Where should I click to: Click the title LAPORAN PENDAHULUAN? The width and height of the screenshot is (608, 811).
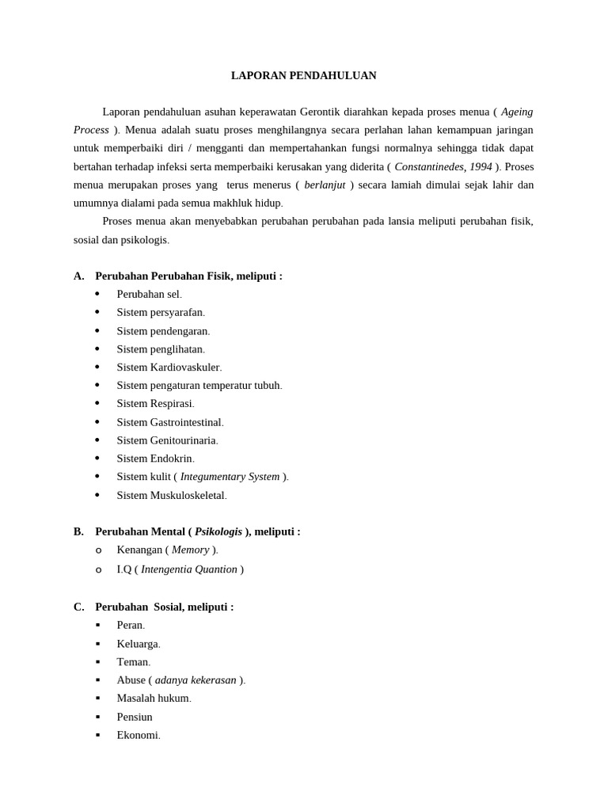[x=303, y=75]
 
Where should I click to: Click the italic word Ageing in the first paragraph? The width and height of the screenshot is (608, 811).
[x=517, y=112]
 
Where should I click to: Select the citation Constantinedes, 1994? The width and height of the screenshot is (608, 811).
[x=443, y=166]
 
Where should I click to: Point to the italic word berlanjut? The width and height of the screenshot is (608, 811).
[x=325, y=185]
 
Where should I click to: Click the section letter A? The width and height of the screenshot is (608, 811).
[x=78, y=276]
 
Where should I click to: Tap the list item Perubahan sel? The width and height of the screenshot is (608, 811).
[x=149, y=294]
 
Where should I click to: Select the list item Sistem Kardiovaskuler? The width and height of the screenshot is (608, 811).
[x=169, y=367]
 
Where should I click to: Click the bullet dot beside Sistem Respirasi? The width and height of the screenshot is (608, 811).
[x=97, y=403]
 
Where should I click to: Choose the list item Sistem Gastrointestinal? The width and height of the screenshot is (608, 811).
[x=169, y=422]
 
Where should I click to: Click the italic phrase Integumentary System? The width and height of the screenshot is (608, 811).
[x=230, y=477]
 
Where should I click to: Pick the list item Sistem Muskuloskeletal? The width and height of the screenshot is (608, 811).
[x=171, y=495]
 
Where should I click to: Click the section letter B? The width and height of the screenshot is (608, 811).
[x=78, y=531]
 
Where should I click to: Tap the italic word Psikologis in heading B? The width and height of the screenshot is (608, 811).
[x=218, y=531]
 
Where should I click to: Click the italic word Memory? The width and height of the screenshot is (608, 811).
[x=190, y=550]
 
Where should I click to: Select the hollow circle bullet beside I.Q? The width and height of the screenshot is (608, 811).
[x=98, y=569]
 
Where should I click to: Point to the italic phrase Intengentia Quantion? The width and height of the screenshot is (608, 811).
[x=188, y=569]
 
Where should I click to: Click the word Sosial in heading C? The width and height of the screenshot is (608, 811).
[x=167, y=607]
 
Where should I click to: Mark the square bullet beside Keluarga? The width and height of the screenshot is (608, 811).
[x=98, y=644]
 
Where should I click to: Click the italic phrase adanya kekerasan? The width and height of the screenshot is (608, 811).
[x=196, y=680]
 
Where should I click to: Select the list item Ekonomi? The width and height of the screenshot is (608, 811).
[x=138, y=734]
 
